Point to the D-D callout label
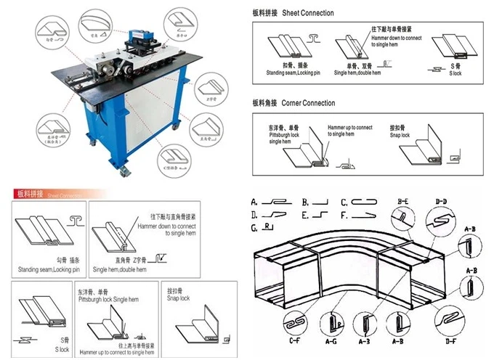441,200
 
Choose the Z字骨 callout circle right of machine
210,93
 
